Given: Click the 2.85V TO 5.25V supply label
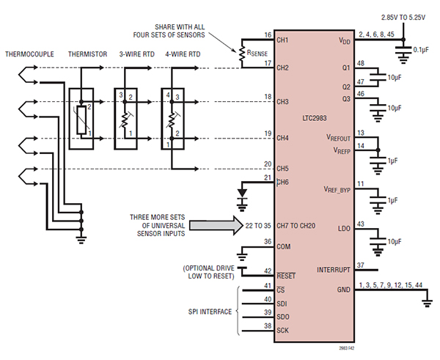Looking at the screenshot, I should point(402,16).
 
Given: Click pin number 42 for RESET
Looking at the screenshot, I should point(267,271).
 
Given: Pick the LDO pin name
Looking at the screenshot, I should point(342,228).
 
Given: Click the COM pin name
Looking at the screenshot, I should point(285,247).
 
